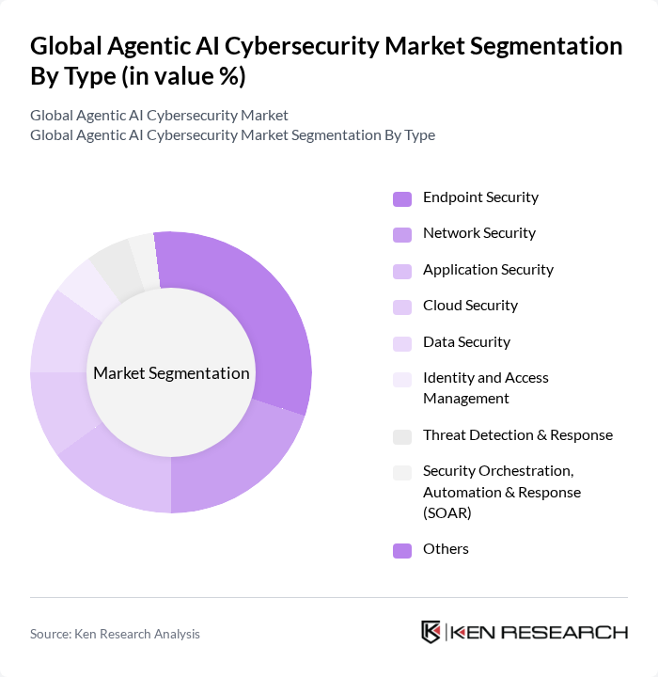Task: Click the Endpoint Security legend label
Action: (x=480, y=197)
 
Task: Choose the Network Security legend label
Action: (x=478, y=233)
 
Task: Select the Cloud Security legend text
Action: (x=470, y=306)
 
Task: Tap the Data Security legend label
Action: (x=466, y=342)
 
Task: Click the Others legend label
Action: (x=446, y=549)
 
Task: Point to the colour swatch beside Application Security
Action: (x=401, y=271)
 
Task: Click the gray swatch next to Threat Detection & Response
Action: (x=401, y=436)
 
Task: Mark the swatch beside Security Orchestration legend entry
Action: (x=401, y=472)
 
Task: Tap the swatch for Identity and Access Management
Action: (x=401, y=379)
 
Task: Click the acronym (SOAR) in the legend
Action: (x=446, y=513)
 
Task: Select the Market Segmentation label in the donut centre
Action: (x=171, y=373)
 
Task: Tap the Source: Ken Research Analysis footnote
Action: (x=115, y=634)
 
